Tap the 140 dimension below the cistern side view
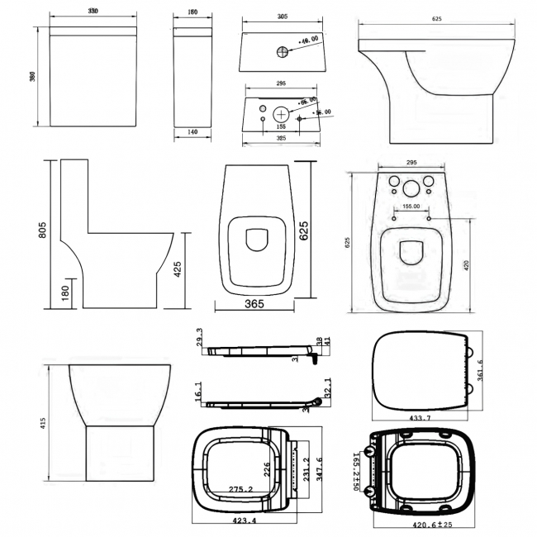[192, 132]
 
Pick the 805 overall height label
[41, 234]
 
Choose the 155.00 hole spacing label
[411, 207]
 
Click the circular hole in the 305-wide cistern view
[283, 51]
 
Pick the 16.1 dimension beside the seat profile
[200, 388]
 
